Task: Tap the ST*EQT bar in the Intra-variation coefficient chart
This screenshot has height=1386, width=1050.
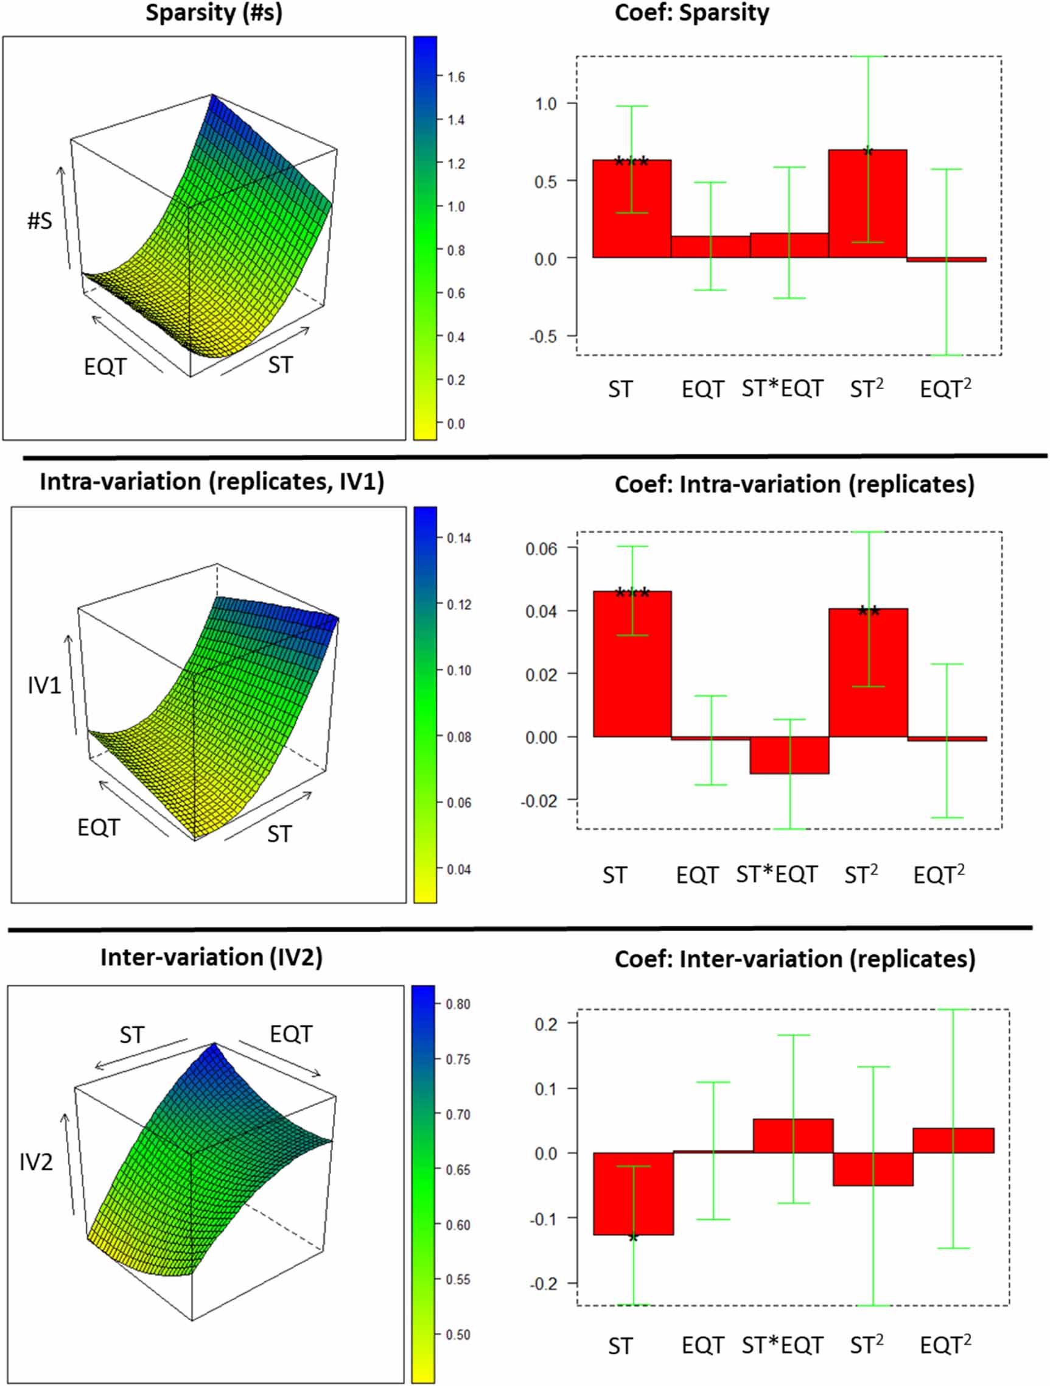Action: pos(789,755)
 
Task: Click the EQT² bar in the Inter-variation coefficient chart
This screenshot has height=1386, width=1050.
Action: pos(953,1141)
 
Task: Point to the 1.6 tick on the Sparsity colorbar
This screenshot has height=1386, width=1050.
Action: pos(455,77)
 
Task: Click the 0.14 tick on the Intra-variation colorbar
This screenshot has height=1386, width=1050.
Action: pos(458,538)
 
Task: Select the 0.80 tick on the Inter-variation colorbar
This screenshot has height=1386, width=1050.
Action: pos(457,1004)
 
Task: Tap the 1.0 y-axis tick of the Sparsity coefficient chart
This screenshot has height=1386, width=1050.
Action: pos(545,104)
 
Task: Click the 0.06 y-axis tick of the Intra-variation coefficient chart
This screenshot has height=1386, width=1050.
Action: pos(541,549)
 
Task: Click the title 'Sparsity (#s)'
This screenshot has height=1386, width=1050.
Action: pos(214,13)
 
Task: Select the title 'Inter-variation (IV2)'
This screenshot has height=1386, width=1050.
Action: pos(211,957)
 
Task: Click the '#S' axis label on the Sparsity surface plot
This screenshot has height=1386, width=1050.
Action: pos(40,220)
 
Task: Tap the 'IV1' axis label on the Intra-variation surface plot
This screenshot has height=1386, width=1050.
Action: pos(44,686)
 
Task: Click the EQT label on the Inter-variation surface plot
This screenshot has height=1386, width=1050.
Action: pos(291,1034)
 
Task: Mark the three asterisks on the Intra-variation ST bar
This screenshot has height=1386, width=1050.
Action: pos(632,593)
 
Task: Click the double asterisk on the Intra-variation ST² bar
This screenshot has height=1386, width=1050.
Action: pos(869,610)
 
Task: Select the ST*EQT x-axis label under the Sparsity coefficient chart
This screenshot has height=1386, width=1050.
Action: pos(782,389)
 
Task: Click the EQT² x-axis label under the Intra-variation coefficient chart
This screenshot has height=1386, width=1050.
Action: pos(939,874)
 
